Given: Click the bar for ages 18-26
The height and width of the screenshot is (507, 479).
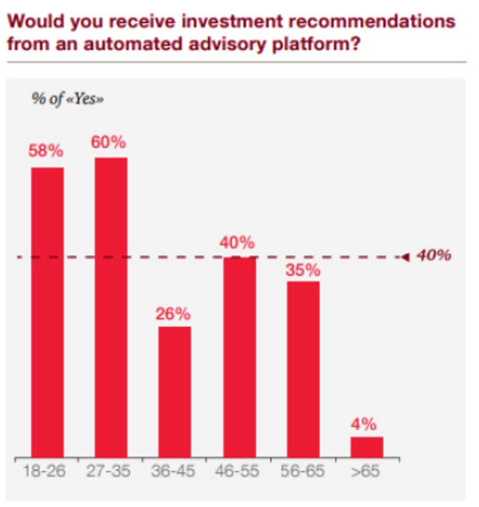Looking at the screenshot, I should (47, 311).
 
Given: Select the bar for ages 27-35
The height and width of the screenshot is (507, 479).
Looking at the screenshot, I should (111, 307).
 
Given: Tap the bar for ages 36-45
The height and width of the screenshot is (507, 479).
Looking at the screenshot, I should (174, 392).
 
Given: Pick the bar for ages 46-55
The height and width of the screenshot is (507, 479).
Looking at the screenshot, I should (239, 357).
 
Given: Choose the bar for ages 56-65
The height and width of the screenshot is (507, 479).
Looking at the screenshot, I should (302, 369).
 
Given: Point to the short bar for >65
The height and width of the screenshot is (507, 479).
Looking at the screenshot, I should (366, 447).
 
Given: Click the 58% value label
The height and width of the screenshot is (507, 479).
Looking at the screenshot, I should (47, 151).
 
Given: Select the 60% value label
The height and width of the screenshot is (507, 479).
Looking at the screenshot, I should (111, 142).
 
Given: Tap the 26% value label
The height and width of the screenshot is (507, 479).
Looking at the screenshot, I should (174, 313).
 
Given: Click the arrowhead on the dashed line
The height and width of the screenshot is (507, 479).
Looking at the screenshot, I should (406, 257).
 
